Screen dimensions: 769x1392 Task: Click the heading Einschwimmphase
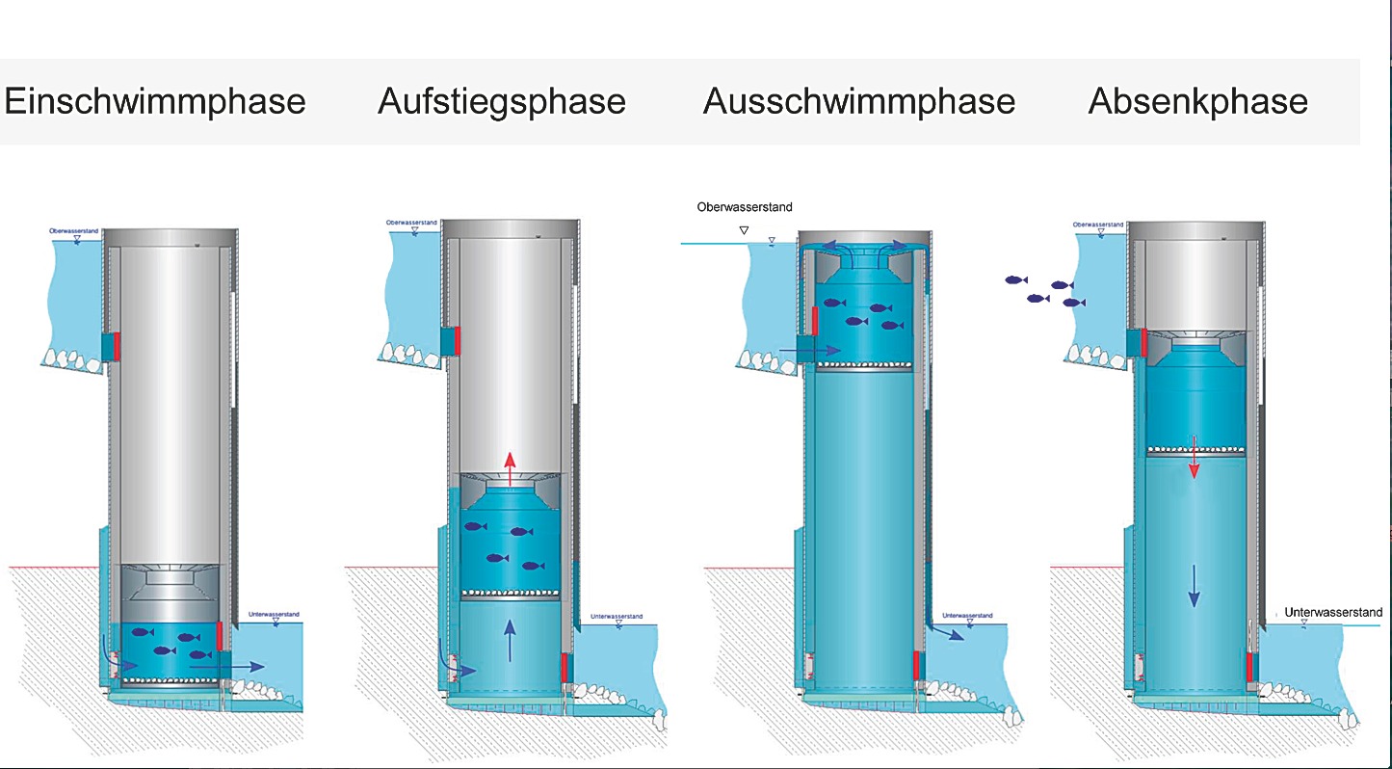tap(155, 101)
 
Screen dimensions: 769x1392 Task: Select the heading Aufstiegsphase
tap(502, 101)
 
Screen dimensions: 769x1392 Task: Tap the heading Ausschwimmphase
tap(859, 101)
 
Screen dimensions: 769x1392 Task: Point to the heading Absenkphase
tap(1198, 101)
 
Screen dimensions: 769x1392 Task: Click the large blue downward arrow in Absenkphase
tap(1194, 586)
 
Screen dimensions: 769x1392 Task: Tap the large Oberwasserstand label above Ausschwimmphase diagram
tap(745, 207)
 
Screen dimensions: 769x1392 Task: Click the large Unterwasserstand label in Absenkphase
tap(1333, 613)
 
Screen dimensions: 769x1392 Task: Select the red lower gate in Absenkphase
tap(1250, 666)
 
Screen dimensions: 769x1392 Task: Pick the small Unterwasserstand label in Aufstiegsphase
tap(617, 615)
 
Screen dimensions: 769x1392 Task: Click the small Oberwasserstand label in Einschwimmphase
tap(76, 231)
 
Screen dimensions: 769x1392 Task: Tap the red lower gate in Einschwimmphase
tap(221, 635)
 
